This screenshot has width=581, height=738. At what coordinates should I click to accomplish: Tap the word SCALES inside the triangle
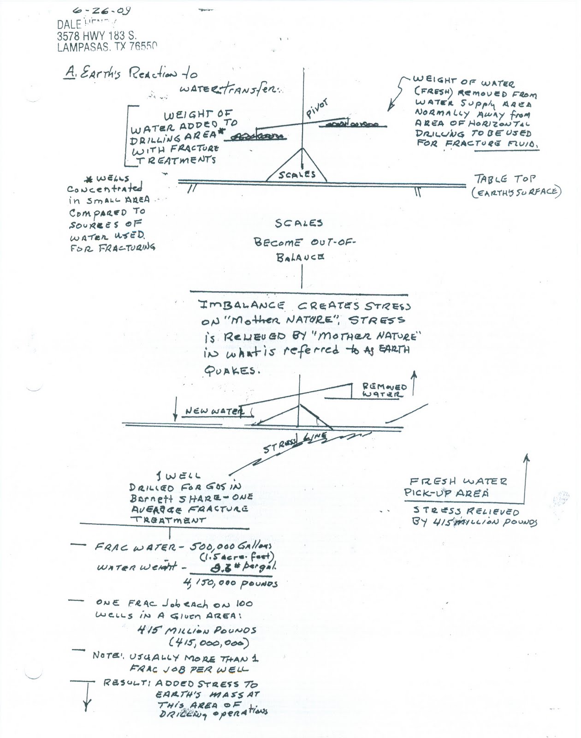click(x=297, y=174)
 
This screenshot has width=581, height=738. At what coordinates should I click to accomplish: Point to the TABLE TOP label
click(x=504, y=179)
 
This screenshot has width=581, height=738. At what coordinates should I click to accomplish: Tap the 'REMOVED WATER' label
click(x=385, y=390)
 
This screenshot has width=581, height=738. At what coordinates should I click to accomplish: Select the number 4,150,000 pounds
click(x=231, y=583)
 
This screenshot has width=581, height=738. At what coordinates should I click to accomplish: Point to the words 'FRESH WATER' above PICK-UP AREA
click(x=458, y=481)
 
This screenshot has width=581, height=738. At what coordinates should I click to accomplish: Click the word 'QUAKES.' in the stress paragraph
click(x=230, y=371)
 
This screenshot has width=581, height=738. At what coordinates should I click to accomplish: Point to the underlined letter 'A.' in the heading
click(x=70, y=74)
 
